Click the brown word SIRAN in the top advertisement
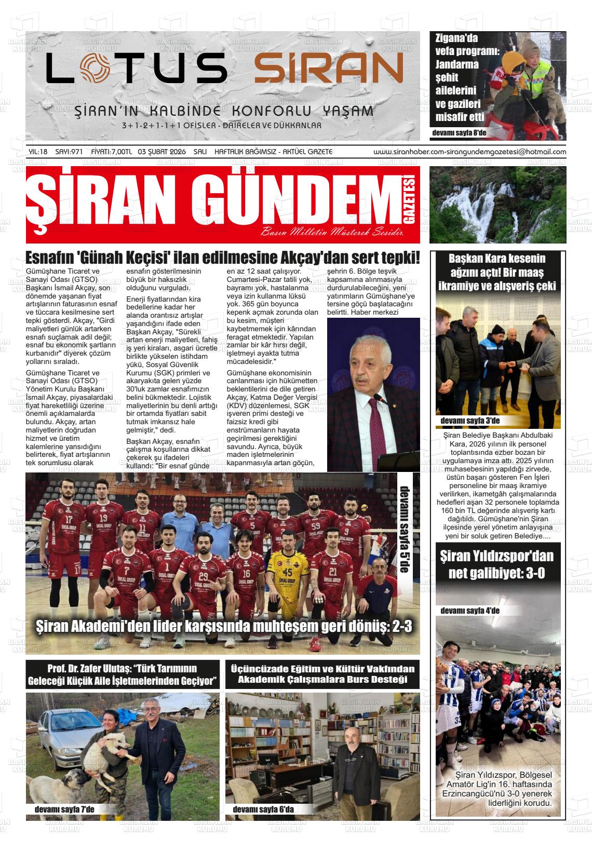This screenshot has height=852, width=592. click(x=329, y=68)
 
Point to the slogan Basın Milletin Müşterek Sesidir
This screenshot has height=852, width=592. click(x=332, y=232)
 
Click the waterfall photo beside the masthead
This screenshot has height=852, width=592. click(x=497, y=205)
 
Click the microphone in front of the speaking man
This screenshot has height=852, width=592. click(x=378, y=399)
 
